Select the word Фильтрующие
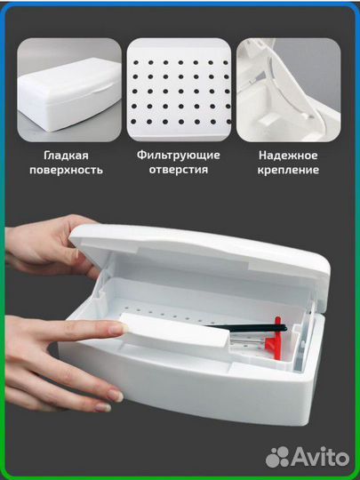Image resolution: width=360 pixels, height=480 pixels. (179, 153)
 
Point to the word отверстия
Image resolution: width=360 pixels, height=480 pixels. (179, 169)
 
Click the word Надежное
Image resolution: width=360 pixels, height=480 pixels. (290, 153)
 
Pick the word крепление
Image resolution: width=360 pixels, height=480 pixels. (290, 169)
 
